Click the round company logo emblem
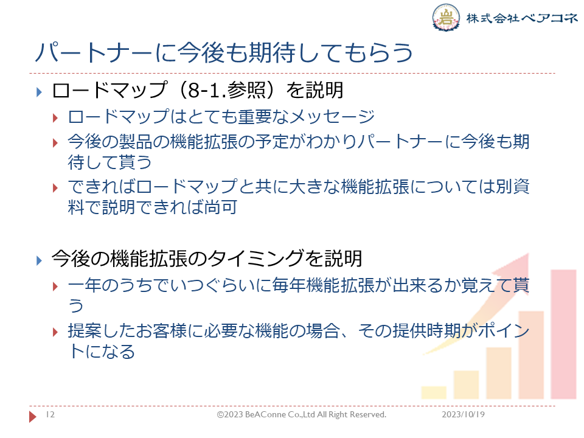point(446,17)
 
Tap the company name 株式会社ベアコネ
point(522,18)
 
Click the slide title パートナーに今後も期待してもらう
point(224,52)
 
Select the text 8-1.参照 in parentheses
point(225,91)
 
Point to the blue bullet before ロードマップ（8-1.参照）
point(40,92)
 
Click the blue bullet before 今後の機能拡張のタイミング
point(40,260)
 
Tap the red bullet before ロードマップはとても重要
point(55,119)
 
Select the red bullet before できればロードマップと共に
point(55,188)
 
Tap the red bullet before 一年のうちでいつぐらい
point(55,287)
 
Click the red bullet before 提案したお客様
point(55,332)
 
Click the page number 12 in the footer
point(50,414)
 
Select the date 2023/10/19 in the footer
point(464,414)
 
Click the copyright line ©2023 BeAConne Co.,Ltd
point(302,414)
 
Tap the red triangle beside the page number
point(33,416)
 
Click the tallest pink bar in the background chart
point(563,334)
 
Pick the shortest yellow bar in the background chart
point(434,392)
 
